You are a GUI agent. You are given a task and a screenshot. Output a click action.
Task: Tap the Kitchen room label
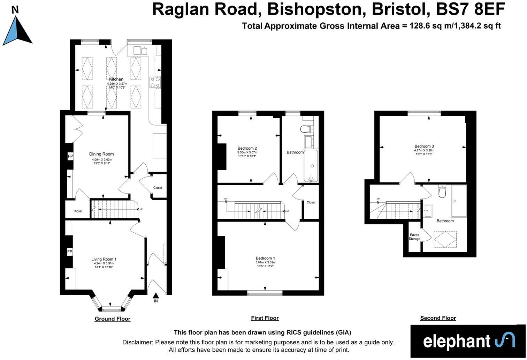coord(116,79)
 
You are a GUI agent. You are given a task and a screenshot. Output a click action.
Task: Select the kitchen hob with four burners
coord(155,82)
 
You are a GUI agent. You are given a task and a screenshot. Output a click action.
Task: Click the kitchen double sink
coord(141,51)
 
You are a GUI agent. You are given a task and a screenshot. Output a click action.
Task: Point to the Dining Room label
coord(101,154)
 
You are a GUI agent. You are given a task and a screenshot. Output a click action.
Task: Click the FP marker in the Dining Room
coord(70,156)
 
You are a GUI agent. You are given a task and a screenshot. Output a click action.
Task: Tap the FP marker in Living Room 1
coord(69,252)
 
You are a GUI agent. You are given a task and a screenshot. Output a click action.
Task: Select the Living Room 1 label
coord(104,259)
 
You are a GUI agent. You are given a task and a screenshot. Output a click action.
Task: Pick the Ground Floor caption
coord(112,319)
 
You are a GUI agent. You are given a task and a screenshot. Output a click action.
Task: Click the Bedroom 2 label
coord(247,148)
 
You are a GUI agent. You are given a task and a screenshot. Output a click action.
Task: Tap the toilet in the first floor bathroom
coord(306,129)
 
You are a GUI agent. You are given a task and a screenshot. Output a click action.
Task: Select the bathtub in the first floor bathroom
coord(311,166)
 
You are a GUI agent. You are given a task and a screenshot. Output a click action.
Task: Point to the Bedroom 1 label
coord(265,258)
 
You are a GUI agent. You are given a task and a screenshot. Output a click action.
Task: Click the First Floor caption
coord(265,318)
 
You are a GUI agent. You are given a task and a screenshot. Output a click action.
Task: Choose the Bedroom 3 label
coord(424,146)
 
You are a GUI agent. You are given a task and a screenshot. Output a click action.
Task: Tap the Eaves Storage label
coord(414,237)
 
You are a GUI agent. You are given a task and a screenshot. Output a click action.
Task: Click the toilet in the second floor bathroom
coord(442,192)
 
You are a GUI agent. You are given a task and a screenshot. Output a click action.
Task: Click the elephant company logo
coord(468,341)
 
